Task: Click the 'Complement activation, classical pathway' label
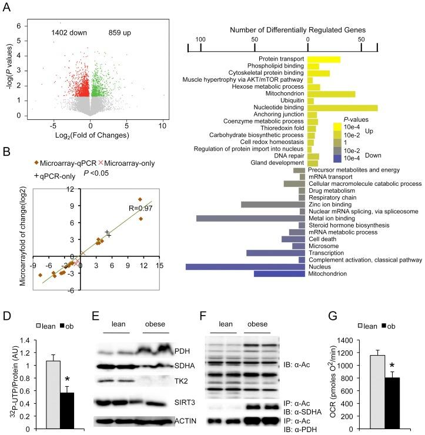(x=364, y=259)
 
